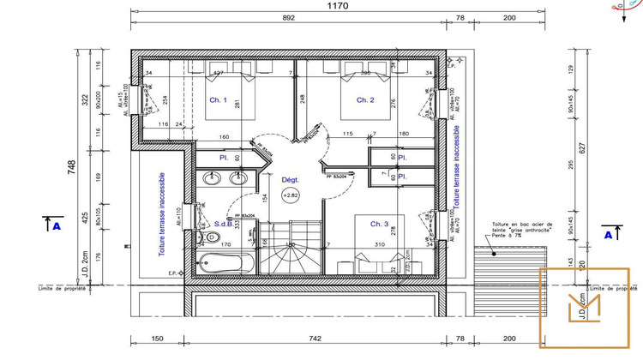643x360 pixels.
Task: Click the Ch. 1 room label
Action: (219, 100)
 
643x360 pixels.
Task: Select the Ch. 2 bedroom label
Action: (365, 100)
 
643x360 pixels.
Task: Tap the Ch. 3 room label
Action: (381, 224)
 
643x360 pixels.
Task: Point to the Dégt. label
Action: (290, 180)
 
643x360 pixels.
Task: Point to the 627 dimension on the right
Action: (582, 147)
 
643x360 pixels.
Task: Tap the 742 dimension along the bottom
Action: (315, 339)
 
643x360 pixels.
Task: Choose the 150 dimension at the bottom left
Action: (157, 339)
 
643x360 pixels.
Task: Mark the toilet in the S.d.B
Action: (209, 237)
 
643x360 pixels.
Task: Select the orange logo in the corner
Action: (585, 307)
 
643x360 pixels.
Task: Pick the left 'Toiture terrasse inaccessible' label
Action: (161, 214)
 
